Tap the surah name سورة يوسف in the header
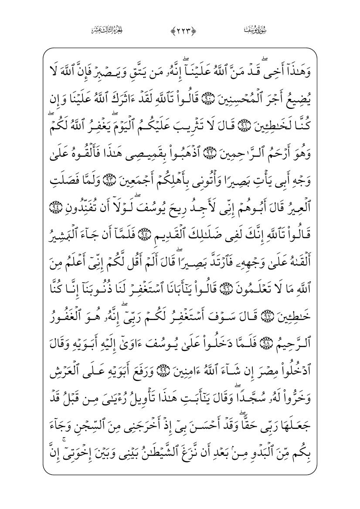(x=255, y=30)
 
